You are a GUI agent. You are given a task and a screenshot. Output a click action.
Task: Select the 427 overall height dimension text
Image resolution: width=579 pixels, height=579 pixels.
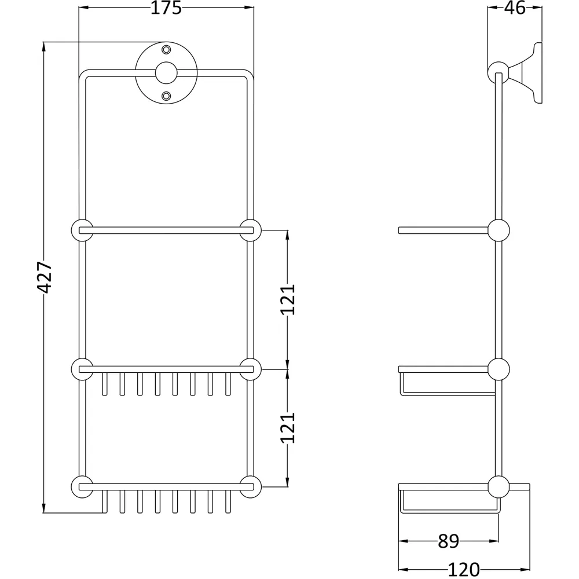pos(45,277)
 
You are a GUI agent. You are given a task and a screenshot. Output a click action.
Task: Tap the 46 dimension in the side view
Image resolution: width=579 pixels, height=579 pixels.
pos(515,9)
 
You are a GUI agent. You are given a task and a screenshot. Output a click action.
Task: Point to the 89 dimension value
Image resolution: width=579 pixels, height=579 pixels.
pos(448,541)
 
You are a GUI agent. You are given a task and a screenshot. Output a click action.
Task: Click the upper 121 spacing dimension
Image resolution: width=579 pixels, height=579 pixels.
pos(288,299)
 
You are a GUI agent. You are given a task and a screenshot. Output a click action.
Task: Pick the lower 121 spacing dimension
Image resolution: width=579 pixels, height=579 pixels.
pos(288,428)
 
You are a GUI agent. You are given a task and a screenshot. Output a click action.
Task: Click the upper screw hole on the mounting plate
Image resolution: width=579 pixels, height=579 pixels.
pos(166,49)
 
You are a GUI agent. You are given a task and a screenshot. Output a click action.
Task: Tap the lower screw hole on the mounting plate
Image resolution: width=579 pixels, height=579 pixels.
pos(166,95)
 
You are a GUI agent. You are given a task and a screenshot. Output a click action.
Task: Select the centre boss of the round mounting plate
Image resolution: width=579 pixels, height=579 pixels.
pos(166,72)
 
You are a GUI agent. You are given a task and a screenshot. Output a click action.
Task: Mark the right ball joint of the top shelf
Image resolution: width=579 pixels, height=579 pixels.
pos(250,230)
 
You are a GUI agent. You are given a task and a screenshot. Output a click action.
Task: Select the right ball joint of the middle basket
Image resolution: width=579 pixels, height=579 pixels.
pos(250,369)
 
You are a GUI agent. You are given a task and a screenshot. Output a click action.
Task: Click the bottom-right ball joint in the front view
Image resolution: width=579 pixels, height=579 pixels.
pos(250,486)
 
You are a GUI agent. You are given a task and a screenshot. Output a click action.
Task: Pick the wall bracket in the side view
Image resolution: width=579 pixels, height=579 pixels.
pos(526,74)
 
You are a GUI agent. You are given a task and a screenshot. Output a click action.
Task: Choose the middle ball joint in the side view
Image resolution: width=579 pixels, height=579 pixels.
pos(499,369)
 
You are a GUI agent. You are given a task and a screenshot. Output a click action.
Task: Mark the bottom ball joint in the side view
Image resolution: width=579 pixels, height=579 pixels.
pos(499,486)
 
